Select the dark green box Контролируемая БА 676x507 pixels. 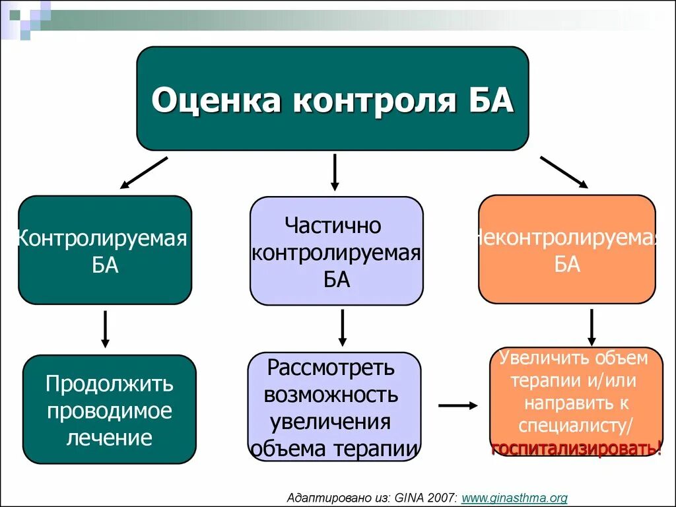(104, 250)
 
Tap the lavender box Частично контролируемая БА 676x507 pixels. (336, 251)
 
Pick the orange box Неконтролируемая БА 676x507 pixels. (566, 249)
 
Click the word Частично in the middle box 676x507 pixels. (333, 226)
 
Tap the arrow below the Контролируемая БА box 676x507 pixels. (105, 329)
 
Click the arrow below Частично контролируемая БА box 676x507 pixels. (342, 327)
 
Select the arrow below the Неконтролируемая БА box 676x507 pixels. (591, 327)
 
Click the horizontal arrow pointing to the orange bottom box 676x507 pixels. (457, 405)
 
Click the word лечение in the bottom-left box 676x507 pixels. (109, 437)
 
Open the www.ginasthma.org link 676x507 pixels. (514, 498)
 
